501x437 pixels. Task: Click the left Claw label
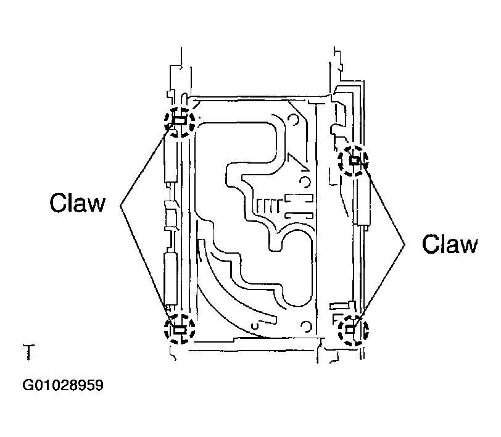coord(78,202)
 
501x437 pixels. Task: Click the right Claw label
coord(450,244)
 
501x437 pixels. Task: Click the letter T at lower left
coord(29,352)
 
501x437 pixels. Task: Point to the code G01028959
coord(63,385)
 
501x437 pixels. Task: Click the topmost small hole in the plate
coord(292,120)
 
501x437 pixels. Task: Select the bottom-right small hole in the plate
coord(306,327)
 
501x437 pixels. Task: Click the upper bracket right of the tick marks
coord(298,199)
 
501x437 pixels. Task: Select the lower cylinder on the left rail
coord(170,278)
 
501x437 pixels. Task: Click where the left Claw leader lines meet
coord(121,206)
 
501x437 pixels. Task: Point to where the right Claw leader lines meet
coord(405,244)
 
